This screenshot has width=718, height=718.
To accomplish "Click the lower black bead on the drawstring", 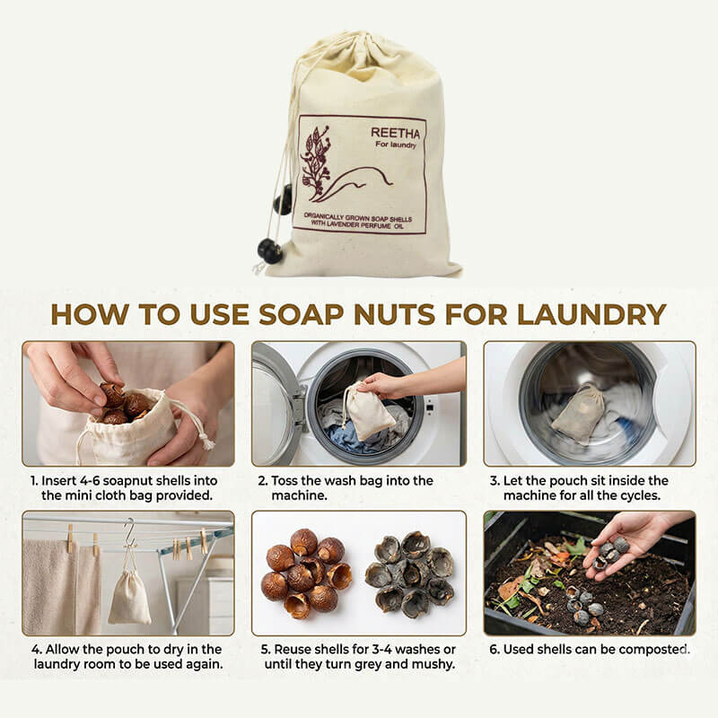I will coord(268,250).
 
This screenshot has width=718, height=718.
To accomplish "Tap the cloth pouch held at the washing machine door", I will coord(370,414).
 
